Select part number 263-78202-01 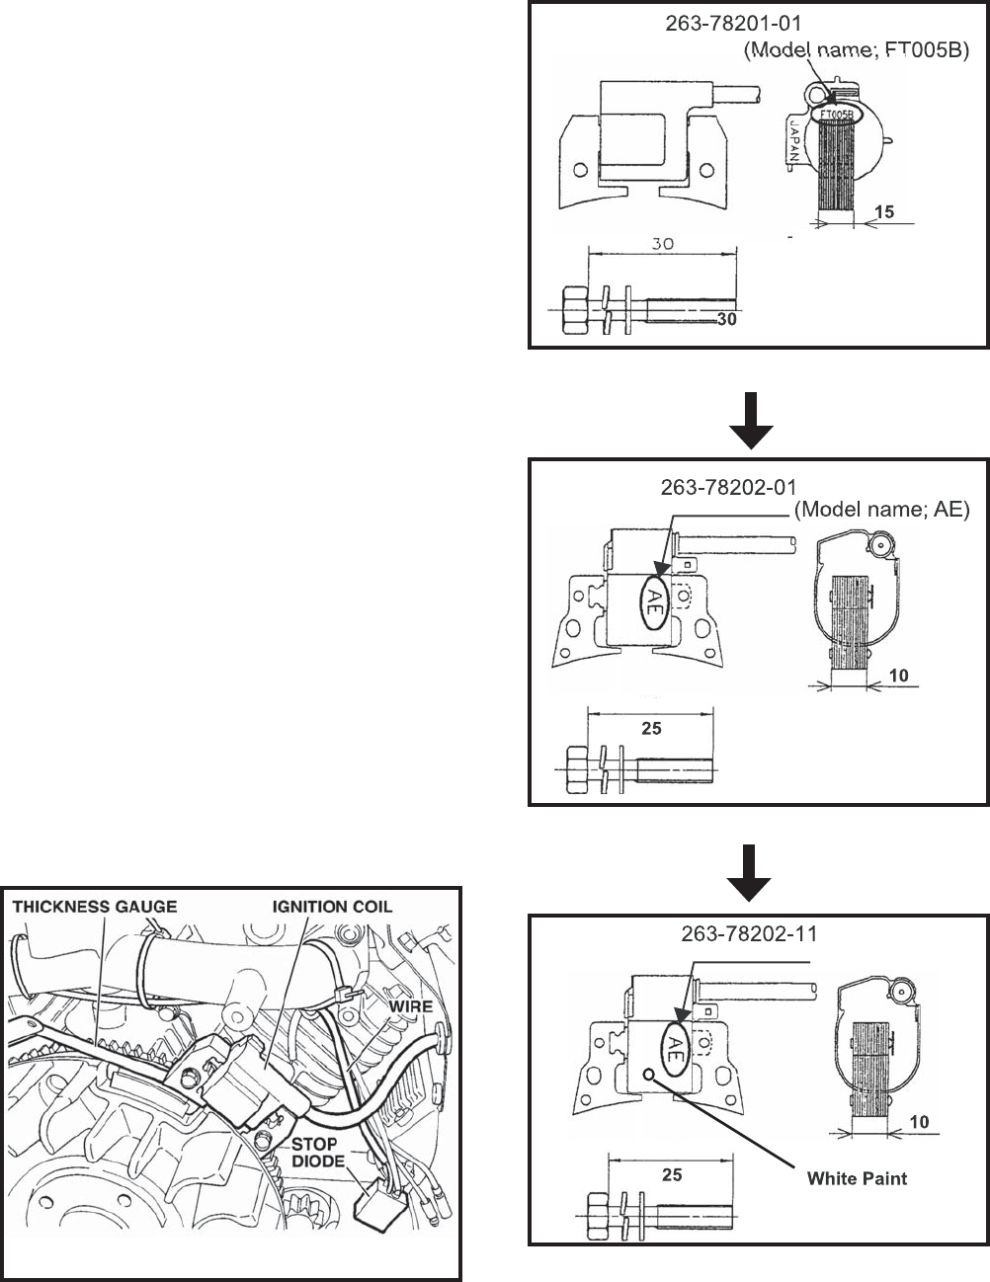729,487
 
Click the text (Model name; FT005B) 852,49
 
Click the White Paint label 857,1178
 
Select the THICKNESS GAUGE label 94,906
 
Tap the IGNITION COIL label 332,906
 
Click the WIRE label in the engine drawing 409,1005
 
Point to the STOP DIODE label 313,1154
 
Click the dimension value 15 884,212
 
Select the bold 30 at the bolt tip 726,320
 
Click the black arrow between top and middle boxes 750,420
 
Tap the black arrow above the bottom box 750,873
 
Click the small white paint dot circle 647,1074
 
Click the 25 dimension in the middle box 651,729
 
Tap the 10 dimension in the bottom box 919,1122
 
